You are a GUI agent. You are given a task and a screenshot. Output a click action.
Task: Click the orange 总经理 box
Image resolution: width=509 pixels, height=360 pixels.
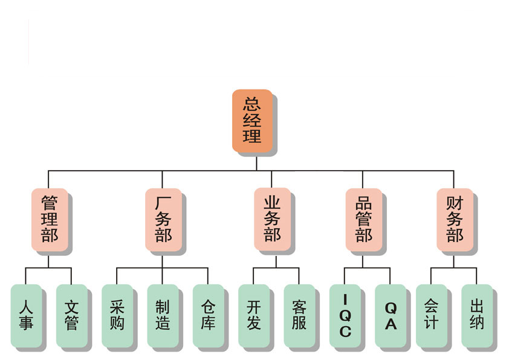[252, 120]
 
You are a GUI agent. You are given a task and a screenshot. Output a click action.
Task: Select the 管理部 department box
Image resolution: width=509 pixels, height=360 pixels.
[49, 218]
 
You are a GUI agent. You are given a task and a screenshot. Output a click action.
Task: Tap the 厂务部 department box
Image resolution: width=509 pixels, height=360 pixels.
[163, 218]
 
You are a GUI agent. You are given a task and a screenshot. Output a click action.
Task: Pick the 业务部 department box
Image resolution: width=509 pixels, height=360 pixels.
[272, 218]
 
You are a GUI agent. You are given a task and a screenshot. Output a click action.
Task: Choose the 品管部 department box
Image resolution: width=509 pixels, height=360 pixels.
[363, 218]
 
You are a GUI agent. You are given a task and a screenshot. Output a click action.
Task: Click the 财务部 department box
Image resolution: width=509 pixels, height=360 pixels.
[455, 218]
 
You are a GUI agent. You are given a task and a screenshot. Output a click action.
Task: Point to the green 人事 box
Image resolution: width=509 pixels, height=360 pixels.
[26, 315]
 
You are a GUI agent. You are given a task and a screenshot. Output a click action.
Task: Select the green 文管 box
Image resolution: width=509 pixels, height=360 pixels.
[71, 315]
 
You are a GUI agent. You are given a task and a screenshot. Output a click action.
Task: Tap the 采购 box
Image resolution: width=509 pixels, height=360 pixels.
[117, 315]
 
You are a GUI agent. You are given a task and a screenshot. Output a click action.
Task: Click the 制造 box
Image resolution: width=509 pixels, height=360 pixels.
[163, 315]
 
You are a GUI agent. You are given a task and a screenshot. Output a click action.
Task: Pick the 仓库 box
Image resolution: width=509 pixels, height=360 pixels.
[208, 315]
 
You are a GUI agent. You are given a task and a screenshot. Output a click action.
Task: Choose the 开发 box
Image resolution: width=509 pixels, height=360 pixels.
[254, 315]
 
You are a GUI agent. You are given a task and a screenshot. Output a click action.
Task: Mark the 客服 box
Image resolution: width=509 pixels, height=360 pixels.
[299, 315]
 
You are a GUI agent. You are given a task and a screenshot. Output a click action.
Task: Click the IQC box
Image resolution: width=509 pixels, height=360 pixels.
[345, 315]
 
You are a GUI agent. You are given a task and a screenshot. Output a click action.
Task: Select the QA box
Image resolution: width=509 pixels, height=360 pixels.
[391, 315]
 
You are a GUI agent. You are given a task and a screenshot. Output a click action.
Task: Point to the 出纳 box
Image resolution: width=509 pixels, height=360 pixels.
[477, 315]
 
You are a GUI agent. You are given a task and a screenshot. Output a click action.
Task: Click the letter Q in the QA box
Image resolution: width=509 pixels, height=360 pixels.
[391, 307]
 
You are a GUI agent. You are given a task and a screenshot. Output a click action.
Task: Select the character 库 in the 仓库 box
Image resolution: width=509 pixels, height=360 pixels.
[208, 323]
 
